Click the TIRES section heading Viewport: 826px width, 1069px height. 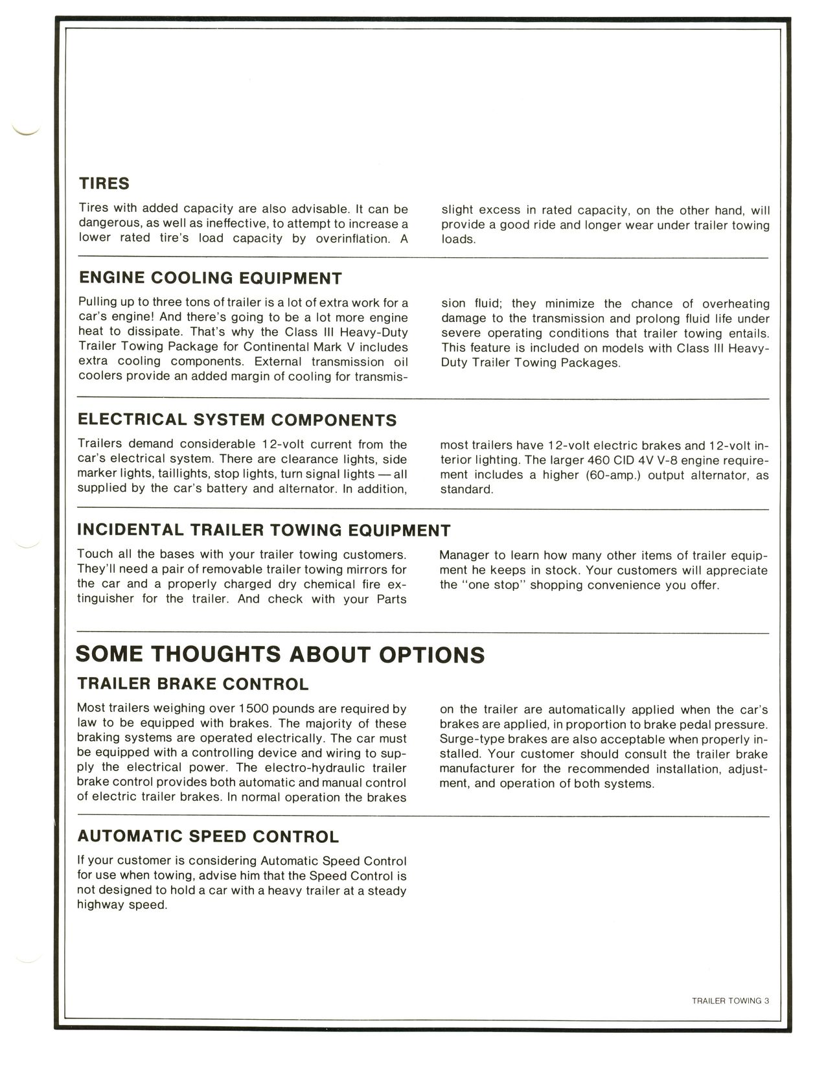[x=104, y=183]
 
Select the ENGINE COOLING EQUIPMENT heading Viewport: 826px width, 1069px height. [x=210, y=278]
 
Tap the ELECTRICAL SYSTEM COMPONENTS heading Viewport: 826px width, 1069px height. [x=236, y=419]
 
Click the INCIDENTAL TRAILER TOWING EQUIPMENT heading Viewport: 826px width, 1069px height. [x=263, y=530]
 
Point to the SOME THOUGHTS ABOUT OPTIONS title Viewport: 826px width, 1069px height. [x=280, y=654]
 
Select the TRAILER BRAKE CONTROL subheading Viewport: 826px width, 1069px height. [x=192, y=684]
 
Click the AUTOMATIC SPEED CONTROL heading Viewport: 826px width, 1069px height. [x=208, y=836]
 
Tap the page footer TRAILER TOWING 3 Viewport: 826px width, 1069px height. [x=729, y=1000]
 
